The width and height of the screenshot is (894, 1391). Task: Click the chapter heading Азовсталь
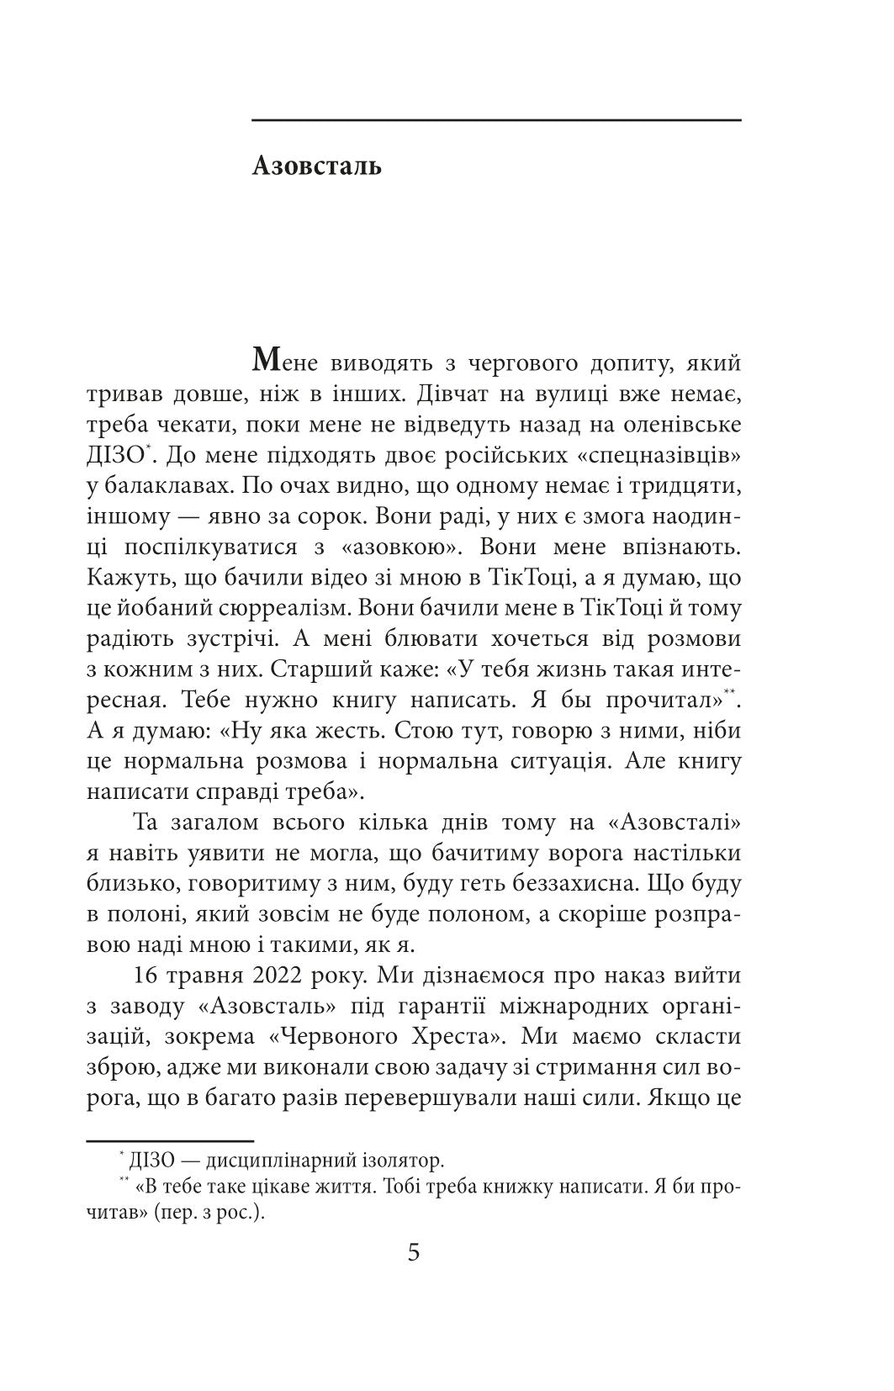[x=316, y=166]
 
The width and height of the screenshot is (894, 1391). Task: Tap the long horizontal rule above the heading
[x=496, y=120]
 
